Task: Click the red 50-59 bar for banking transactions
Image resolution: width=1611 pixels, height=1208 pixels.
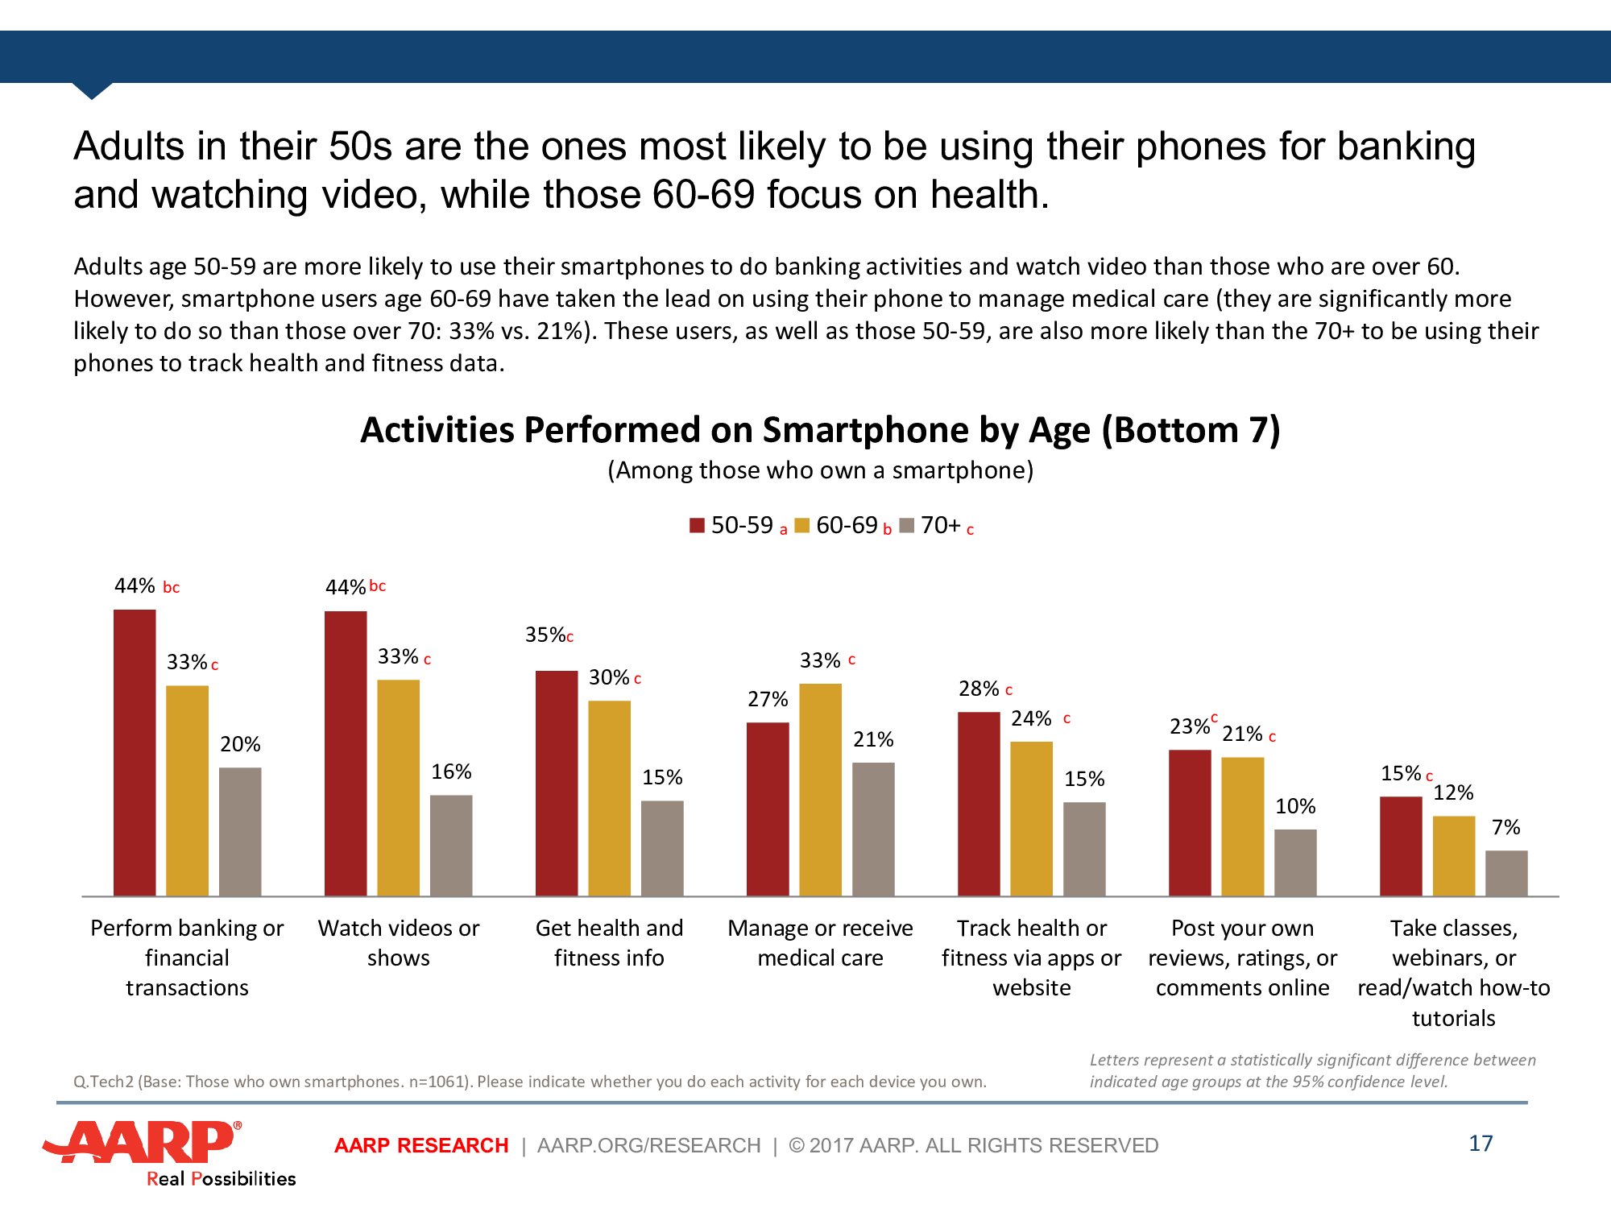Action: point(135,753)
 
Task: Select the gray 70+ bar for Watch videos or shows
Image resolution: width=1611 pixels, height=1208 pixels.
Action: point(451,846)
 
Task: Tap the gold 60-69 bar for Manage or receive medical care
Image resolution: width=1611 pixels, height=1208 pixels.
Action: point(820,789)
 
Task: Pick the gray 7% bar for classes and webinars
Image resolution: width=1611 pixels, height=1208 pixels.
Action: point(1506,873)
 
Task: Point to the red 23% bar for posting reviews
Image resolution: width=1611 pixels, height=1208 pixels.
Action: point(1190,822)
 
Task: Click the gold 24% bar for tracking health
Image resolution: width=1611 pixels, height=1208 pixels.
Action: point(1031,818)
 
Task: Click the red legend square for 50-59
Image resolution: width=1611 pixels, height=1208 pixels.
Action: point(698,526)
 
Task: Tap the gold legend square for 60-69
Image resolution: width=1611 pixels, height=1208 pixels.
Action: point(801,526)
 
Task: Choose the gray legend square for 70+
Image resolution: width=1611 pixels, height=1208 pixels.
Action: point(907,526)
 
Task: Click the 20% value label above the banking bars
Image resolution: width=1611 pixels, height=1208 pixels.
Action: point(240,744)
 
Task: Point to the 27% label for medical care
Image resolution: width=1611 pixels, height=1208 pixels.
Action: point(768,699)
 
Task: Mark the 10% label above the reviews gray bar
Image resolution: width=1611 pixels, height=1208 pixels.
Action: point(1295,806)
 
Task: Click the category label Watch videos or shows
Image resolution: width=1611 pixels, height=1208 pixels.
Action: point(399,943)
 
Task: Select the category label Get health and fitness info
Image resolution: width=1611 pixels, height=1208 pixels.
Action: point(609,943)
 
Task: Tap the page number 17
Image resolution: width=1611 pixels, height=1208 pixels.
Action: point(1481,1144)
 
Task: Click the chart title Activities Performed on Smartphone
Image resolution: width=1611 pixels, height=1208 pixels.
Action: point(820,430)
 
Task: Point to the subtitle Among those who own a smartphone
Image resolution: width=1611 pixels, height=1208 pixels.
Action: point(820,470)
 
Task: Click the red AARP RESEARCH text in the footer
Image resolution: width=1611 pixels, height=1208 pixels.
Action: point(421,1145)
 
